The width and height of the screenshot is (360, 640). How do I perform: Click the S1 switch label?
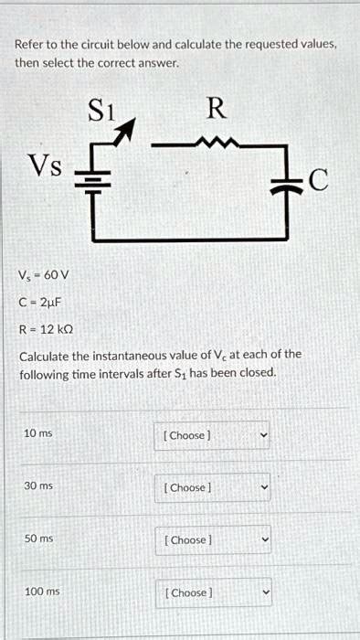[x=102, y=112]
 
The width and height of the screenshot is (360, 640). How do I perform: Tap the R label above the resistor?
[x=216, y=110]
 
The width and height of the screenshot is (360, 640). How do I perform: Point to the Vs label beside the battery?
[x=46, y=166]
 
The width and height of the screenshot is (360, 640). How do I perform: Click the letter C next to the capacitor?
[x=317, y=182]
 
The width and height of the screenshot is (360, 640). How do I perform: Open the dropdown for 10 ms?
[x=212, y=435]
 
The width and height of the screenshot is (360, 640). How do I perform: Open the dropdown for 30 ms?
[x=212, y=487]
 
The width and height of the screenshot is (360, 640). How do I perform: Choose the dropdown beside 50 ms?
[x=212, y=540]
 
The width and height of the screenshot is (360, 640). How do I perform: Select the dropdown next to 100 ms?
[x=212, y=592]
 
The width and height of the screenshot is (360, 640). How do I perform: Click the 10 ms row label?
[x=38, y=432]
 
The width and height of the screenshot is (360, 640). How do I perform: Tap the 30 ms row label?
[x=38, y=485]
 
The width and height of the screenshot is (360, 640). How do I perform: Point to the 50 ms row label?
[x=38, y=539]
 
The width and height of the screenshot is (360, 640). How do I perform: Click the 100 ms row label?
[x=41, y=592]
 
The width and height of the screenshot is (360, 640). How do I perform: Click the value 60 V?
[x=58, y=274]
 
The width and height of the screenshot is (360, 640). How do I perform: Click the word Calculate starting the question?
[x=45, y=354]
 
